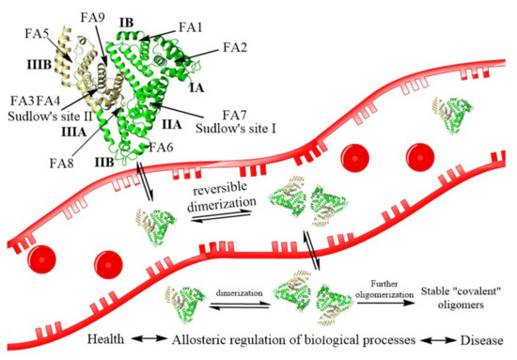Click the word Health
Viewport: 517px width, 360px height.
(x=108, y=338)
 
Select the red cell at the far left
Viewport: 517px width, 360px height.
(x=42, y=258)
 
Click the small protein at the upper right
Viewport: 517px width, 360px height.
(x=449, y=111)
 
